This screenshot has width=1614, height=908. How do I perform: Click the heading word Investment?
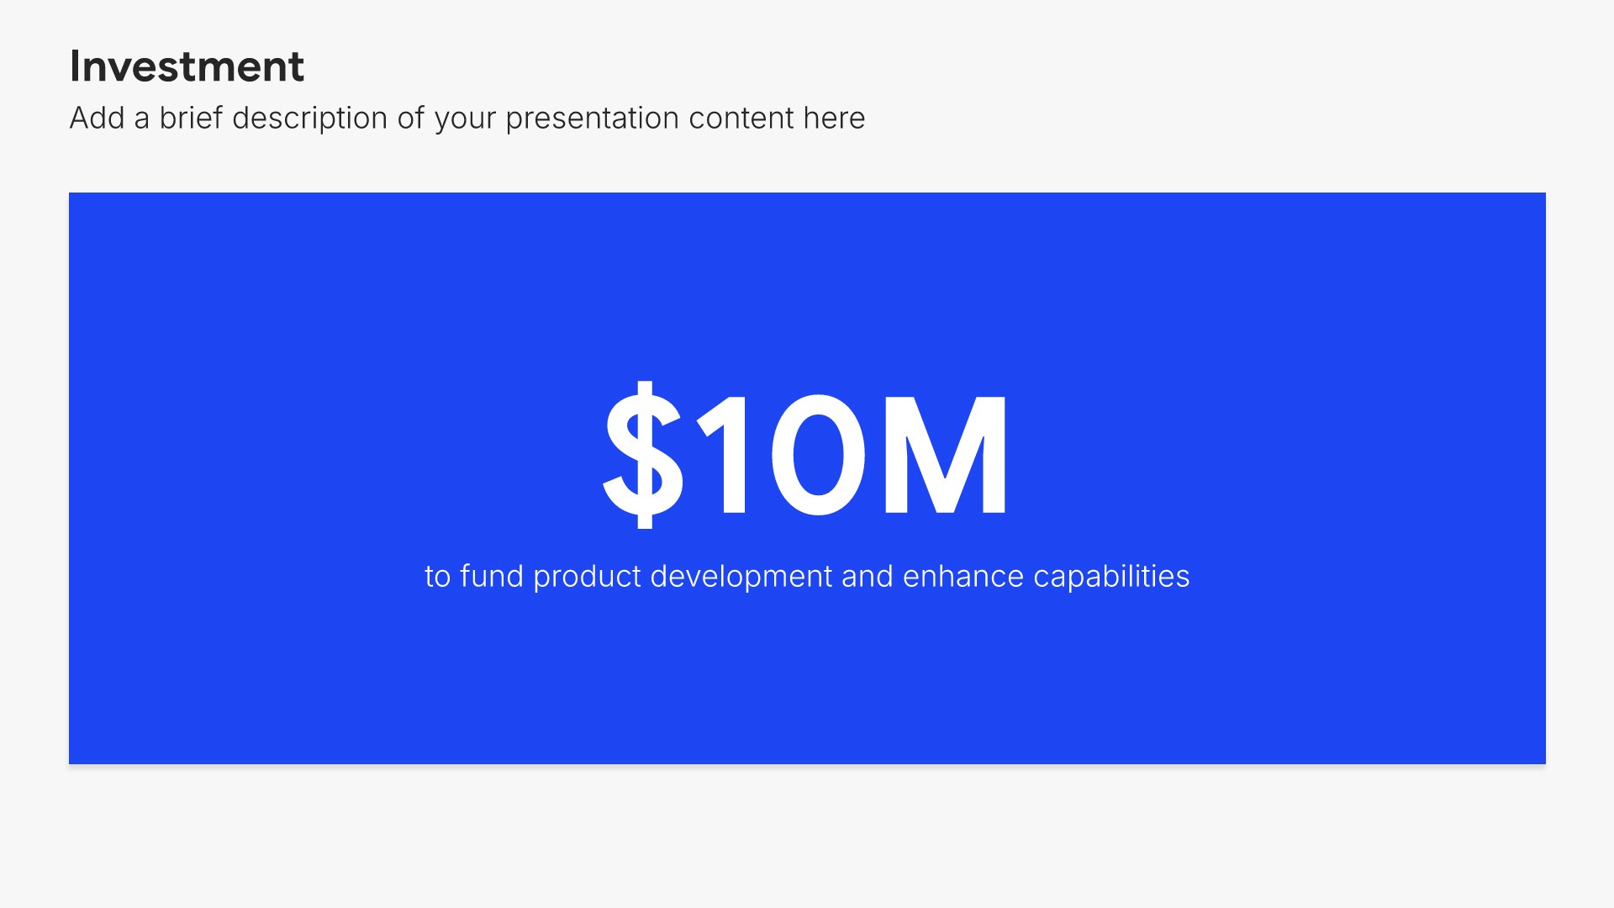(x=187, y=66)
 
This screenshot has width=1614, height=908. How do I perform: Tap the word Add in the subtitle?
(x=98, y=118)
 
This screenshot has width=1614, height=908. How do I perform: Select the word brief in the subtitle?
(x=192, y=118)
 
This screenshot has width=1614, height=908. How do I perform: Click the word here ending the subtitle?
(x=834, y=118)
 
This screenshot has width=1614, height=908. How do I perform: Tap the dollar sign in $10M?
(x=643, y=454)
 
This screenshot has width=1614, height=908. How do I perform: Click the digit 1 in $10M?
(x=724, y=454)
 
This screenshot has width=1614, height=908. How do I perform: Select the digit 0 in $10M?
(x=818, y=454)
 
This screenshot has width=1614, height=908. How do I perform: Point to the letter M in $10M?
(x=945, y=454)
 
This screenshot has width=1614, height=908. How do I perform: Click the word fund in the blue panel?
(x=492, y=576)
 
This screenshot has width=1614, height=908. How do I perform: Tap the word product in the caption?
(x=588, y=578)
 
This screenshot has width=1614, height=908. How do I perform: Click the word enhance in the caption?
(x=963, y=576)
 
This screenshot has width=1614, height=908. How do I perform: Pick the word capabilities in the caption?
(x=1111, y=578)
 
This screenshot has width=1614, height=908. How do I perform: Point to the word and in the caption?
(x=868, y=576)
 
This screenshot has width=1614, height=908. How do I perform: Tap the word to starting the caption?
(x=438, y=577)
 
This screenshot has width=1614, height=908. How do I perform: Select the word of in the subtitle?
(x=411, y=118)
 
